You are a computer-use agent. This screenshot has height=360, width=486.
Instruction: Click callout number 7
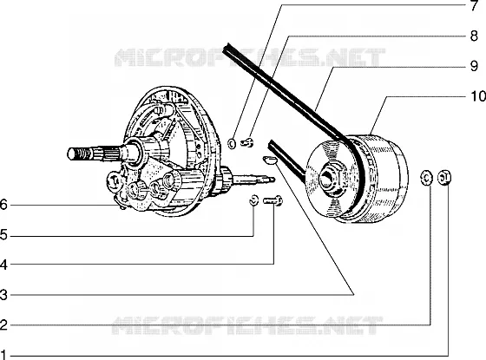point(475,6)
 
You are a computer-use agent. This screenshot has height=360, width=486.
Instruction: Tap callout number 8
point(474,36)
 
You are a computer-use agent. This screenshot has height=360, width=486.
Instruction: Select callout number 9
point(474,66)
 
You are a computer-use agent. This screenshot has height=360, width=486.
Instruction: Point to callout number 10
point(478,96)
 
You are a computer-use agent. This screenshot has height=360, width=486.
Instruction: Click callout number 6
point(3,205)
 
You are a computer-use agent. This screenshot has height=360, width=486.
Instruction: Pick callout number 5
point(3,235)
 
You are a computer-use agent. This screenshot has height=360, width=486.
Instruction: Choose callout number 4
point(3,265)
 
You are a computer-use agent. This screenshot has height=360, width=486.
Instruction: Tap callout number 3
point(3,295)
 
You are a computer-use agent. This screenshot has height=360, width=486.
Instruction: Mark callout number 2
point(3,325)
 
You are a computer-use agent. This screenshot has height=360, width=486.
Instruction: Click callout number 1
point(3,355)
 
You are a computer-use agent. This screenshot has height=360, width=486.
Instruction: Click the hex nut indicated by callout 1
point(444,178)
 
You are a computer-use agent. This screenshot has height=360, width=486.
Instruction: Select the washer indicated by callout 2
point(426,178)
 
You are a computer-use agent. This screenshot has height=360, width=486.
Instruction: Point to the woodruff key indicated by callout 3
point(268,160)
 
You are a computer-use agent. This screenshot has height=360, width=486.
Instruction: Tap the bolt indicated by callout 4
point(273,200)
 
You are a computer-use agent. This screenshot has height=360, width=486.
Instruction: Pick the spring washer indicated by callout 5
point(253,200)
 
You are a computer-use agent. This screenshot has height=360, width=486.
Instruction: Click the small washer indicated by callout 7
point(232,143)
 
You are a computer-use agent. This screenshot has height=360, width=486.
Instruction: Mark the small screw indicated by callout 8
point(247,143)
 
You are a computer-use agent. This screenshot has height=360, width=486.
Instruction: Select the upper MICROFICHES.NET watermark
point(250,57)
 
